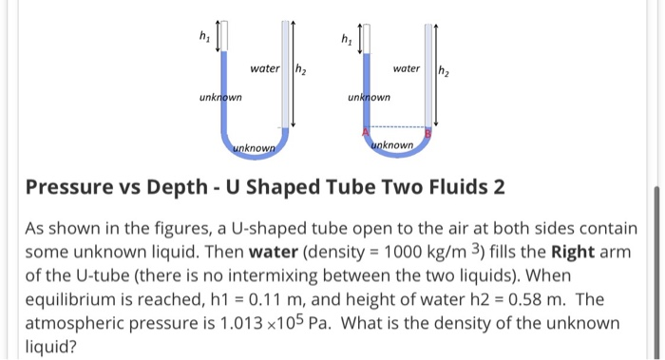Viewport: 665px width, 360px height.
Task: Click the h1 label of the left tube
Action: coord(201,39)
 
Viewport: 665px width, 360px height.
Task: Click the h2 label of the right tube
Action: coord(443,69)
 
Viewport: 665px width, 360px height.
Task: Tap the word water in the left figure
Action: coord(265,68)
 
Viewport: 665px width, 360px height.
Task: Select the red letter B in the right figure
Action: coord(427,134)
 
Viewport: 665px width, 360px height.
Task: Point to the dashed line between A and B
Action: coord(397,127)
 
